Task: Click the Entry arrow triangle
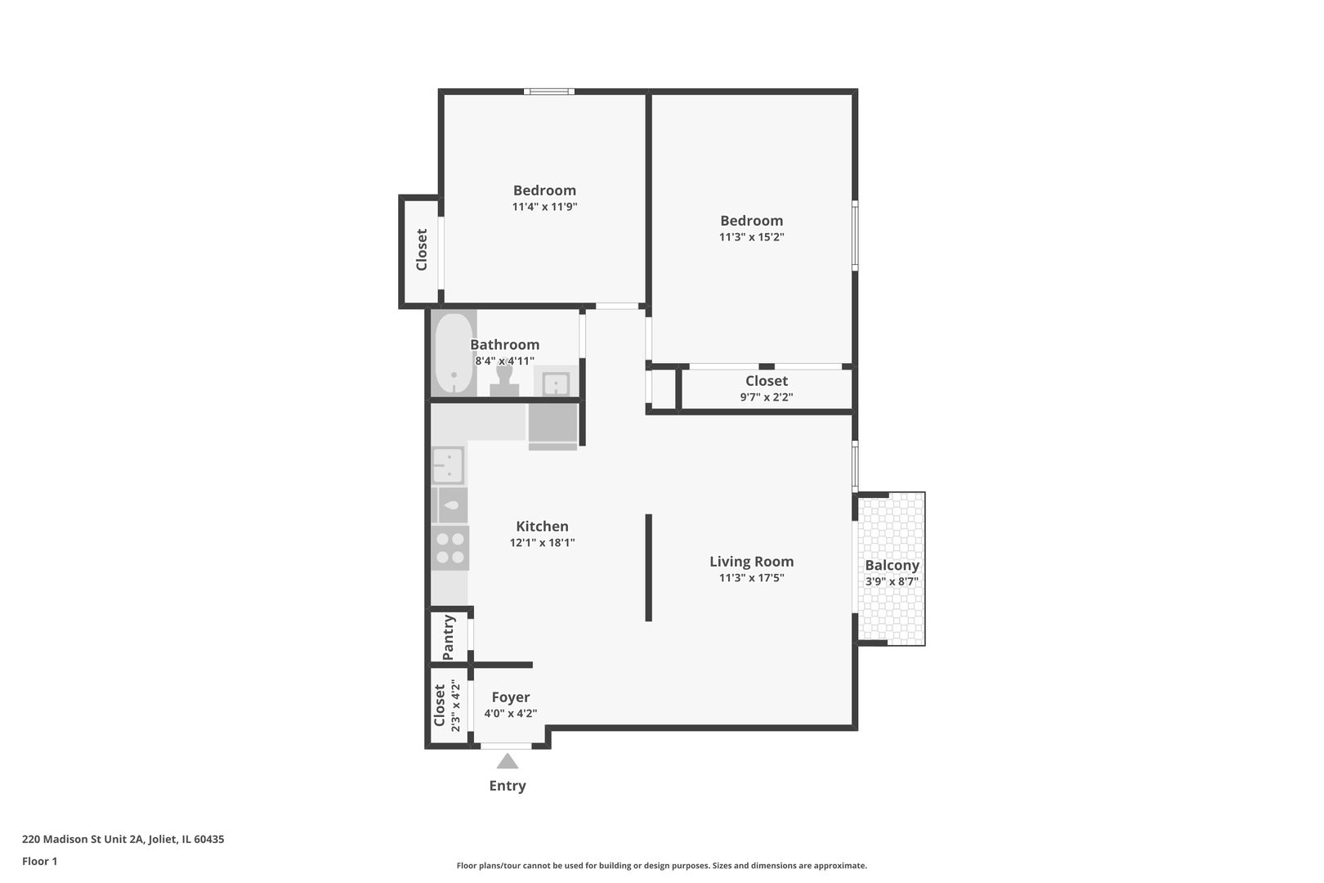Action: [x=508, y=762]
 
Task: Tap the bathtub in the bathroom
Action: [x=454, y=354]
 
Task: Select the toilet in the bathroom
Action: [x=504, y=381]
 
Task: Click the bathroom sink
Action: [x=556, y=383]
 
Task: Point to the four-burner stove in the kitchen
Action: [x=450, y=549]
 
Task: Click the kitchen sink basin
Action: [x=448, y=465]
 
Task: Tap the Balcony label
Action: [x=892, y=565]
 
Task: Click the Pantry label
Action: [x=449, y=637]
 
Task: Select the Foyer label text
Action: [x=510, y=697]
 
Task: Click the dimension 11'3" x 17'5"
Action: [x=751, y=578]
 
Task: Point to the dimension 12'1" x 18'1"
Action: [x=542, y=543]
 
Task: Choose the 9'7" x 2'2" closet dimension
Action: [x=766, y=397]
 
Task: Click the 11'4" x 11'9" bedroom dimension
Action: [x=544, y=207]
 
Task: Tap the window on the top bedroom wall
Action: [x=548, y=92]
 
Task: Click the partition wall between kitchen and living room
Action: [x=648, y=567]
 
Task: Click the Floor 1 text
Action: [x=39, y=861]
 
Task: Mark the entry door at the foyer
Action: [x=506, y=746]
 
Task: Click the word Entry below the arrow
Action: [x=507, y=786]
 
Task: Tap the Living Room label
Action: [x=751, y=562]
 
